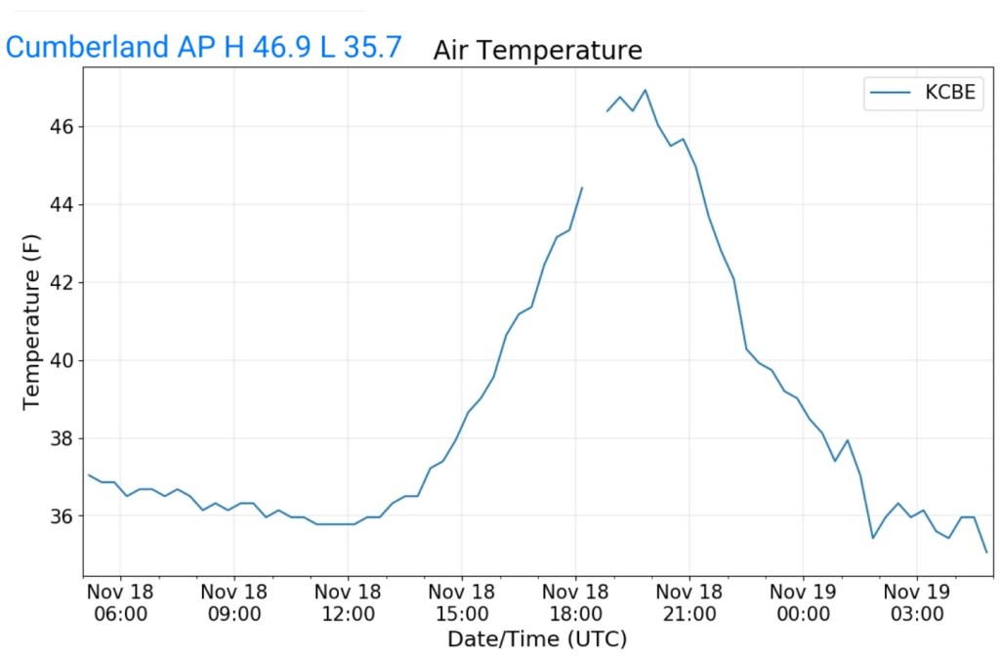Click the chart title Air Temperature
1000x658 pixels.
tap(537, 50)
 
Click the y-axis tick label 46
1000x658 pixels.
tap(62, 127)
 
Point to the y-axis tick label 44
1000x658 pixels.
tap(62, 205)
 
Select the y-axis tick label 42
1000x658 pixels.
tap(62, 283)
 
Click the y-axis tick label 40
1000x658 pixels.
tap(62, 360)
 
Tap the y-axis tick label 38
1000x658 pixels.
tap(62, 438)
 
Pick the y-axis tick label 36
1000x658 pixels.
tap(62, 515)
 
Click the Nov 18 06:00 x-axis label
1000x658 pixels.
tap(120, 602)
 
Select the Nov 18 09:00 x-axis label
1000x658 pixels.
tap(233, 602)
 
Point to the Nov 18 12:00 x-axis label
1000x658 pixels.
tap(348, 602)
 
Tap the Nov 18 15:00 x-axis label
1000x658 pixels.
tap(462, 602)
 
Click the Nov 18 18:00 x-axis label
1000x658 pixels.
tap(575, 602)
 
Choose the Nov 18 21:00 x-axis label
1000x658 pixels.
tap(689, 602)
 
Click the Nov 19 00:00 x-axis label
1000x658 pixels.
tap(803, 602)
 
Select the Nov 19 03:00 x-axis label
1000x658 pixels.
tap(917, 602)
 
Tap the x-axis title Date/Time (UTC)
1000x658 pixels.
tap(537, 640)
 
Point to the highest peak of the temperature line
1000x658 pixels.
tap(645, 90)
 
